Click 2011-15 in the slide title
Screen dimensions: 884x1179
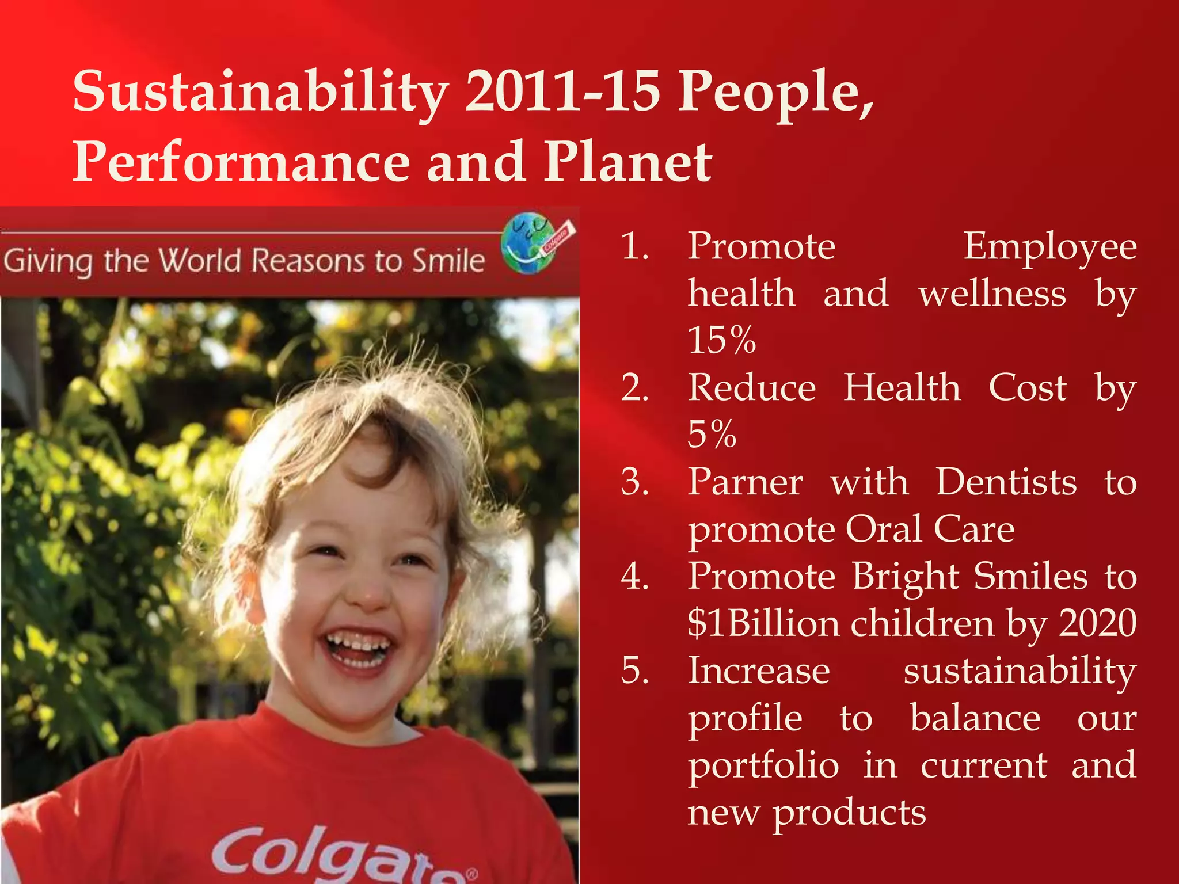coord(562,91)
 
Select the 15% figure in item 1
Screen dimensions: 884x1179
coord(721,340)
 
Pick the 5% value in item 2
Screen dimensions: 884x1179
coord(712,434)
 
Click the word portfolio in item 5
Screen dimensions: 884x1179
coord(763,765)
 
